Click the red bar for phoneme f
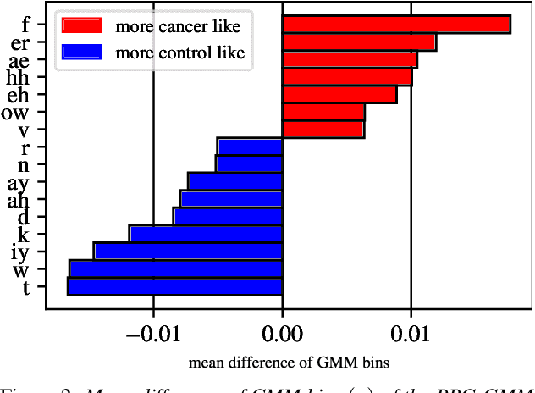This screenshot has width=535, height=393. point(396,25)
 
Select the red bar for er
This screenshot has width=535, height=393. point(359,42)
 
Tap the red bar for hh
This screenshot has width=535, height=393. point(347,78)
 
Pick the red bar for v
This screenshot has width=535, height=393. point(323,130)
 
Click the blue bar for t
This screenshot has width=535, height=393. point(175,287)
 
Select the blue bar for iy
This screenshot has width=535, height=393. point(189,252)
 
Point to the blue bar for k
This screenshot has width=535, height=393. point(206,234)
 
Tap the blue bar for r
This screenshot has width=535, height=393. point(250,147)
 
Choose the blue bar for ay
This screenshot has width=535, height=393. point(235,181)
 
